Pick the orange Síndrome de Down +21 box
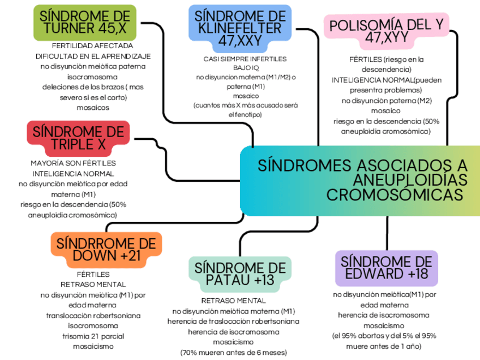click(106, 250)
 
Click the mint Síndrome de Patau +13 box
click(241, 273)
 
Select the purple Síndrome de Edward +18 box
click(387, 268)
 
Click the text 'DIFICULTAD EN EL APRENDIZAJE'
click(93, 56)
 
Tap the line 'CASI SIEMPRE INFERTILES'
click(245, 59)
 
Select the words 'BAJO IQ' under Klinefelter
click(245, 68)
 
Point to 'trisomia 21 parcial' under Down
click(93, 336)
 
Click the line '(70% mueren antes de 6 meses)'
click(233, 353)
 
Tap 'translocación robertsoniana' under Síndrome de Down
click(93, 315)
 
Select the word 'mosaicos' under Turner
click(92, 108)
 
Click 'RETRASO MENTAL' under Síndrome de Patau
click(233, 301)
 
